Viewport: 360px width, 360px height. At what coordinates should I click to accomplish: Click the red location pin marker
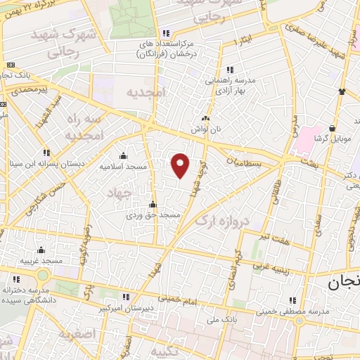[x=181, y=165]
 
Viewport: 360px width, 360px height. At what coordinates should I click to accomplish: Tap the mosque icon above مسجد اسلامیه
[x=124, y=155]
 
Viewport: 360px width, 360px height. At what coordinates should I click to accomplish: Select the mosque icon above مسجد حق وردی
[x=153, y=204]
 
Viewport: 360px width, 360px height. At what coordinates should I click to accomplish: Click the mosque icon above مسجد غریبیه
[x=41, y=250]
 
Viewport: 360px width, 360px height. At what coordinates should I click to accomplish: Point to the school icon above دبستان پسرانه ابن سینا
[x=47, y=152]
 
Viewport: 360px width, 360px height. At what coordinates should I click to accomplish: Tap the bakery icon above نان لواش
[x=205, y=120]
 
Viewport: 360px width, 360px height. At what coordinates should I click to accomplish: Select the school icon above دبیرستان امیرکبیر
[x=126, y=297]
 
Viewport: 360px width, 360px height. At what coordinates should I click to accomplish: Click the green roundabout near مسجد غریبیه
[x=43, y=276]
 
